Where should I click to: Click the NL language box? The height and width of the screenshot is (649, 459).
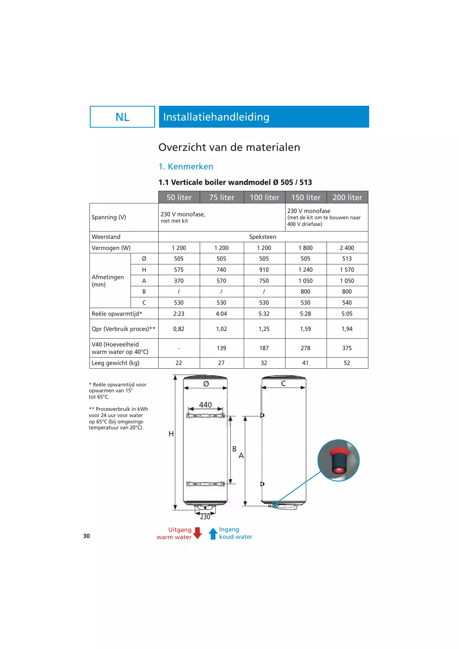[122, 117]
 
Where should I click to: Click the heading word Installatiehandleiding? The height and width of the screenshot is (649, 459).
[216, 117]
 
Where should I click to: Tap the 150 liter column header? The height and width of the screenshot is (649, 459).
[306, 197]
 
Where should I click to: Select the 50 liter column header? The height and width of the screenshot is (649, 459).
[179, 197]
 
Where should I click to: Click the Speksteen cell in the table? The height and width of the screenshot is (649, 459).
[263, 237]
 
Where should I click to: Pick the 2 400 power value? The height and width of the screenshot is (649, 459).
[347, 248]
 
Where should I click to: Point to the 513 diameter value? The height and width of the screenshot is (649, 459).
[347, 259]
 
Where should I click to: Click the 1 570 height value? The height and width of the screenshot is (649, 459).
[347, 270]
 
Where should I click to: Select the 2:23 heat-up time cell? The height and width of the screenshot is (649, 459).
[179, 314]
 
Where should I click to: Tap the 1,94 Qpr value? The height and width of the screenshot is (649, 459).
[347, 329]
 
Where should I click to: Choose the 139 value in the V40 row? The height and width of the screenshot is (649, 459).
[221, 348]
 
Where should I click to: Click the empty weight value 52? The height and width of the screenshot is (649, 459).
[347, 363]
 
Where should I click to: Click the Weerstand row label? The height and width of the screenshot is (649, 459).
[106, 237]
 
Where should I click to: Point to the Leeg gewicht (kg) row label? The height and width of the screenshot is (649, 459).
[115, 363]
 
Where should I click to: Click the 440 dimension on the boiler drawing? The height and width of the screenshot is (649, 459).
[206, 405]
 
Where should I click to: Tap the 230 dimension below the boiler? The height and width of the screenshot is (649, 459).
[205, 517]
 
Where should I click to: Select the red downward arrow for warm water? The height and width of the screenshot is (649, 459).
[198, 533]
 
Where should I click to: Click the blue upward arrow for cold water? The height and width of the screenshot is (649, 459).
[213, 533]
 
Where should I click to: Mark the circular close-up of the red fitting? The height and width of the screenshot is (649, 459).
[338, 460]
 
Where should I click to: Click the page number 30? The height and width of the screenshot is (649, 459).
[87, 536]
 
